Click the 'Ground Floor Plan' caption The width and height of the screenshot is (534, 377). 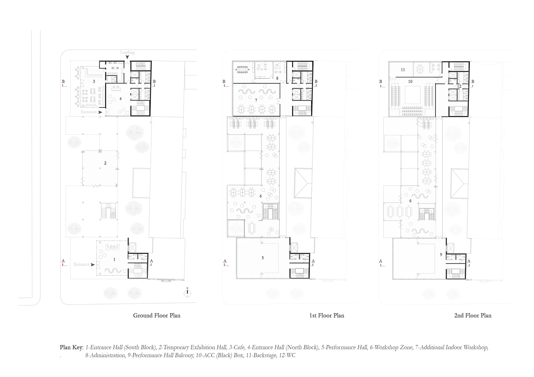point(156,316)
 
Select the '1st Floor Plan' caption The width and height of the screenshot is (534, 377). point(327,316)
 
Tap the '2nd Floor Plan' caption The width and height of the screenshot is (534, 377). point(473,316)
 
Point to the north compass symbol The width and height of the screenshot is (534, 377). point(187,292)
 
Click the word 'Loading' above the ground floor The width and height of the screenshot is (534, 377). point(127,52)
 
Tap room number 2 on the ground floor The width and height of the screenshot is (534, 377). point(105,163)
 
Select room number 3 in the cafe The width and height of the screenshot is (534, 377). point(94,81)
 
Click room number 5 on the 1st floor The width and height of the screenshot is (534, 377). point(263,258)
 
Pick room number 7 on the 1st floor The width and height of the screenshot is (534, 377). point(256,100)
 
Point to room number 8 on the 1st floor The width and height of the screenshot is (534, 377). point(277,78)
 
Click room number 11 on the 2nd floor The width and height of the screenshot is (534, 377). point(403,70)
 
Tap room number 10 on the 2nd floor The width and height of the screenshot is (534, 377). point(410,81)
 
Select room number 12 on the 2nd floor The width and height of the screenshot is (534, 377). point(459,86)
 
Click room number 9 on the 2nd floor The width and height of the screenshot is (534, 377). point(441,255)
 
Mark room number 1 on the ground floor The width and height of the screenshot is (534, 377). point(114,260)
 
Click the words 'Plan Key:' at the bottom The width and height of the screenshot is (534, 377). point(72,348)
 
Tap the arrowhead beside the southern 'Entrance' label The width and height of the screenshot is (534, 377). point(93,265)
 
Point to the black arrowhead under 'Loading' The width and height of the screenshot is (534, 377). point(127,57)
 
